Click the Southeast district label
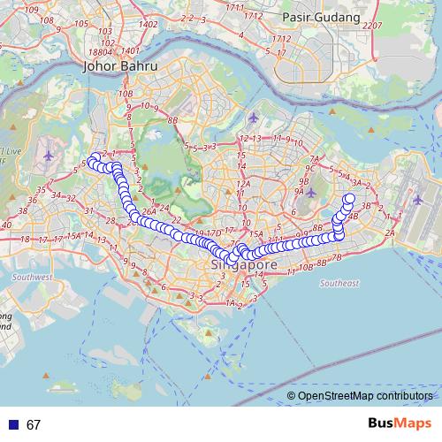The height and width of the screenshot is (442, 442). pyautogui.click(x=339, y=284)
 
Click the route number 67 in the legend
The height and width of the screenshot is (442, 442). pyautogui.click(x=34, y=425)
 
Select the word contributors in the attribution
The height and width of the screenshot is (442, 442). pyautogui.click(x=408, y=396)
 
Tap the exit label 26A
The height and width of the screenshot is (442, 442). pyautogui.click(x=149, y=212)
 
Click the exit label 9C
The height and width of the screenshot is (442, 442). pyautogui.click(x=309, y=167)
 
